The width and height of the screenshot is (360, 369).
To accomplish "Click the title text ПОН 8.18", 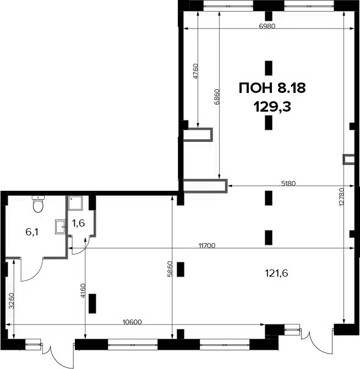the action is tap(272, 88).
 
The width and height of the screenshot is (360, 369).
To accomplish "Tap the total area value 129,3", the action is tap(272, 107).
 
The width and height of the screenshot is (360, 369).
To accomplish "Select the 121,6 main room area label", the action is tap(276, 273).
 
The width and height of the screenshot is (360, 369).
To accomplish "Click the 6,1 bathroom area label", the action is tap(32, 232).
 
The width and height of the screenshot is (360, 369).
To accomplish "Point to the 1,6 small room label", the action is tap(79, 223).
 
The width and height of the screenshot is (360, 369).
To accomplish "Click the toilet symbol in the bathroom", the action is tap(38, 204).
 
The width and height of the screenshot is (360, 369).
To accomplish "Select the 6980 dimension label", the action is tap(267, 26).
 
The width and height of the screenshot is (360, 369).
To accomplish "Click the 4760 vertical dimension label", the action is tap(195, 71).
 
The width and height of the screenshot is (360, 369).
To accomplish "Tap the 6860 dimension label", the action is tap(217, 97).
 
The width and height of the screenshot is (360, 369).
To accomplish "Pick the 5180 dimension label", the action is tap(288, 183).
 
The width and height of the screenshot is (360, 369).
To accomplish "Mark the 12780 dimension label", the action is tap(342, 197).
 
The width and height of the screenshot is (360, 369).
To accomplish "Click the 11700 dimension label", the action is tap(207, 245).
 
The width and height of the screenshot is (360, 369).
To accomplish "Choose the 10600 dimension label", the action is tap(133, 322).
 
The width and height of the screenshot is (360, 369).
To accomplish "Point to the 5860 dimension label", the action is tap(170, 269).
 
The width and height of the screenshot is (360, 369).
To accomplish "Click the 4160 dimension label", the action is tap(83, 291).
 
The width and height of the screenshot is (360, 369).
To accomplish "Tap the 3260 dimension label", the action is tap(12, 301).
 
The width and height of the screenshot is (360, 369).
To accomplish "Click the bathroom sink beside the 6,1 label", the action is tap(61, 227).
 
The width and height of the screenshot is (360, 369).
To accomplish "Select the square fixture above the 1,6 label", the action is tap(75, 203).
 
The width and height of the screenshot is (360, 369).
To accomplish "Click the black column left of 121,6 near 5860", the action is tap(181, 269).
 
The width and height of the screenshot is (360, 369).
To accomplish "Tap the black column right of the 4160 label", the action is tap(92, 304).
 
